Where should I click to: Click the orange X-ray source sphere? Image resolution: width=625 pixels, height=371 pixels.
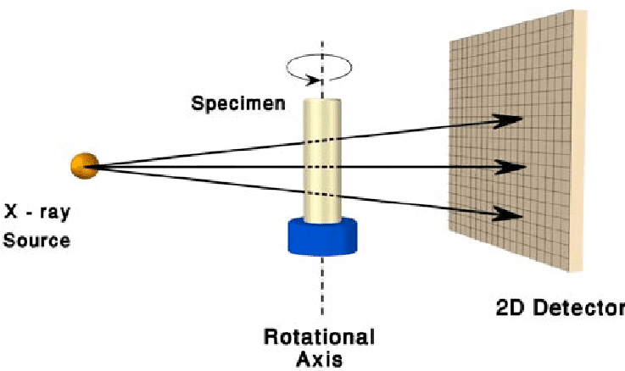point(85,165)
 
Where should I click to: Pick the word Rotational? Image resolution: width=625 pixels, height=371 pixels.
point(319,336)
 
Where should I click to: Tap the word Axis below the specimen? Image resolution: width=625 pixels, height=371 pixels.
point(319,358)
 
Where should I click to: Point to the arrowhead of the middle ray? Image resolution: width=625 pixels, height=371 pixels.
point(513,167)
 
